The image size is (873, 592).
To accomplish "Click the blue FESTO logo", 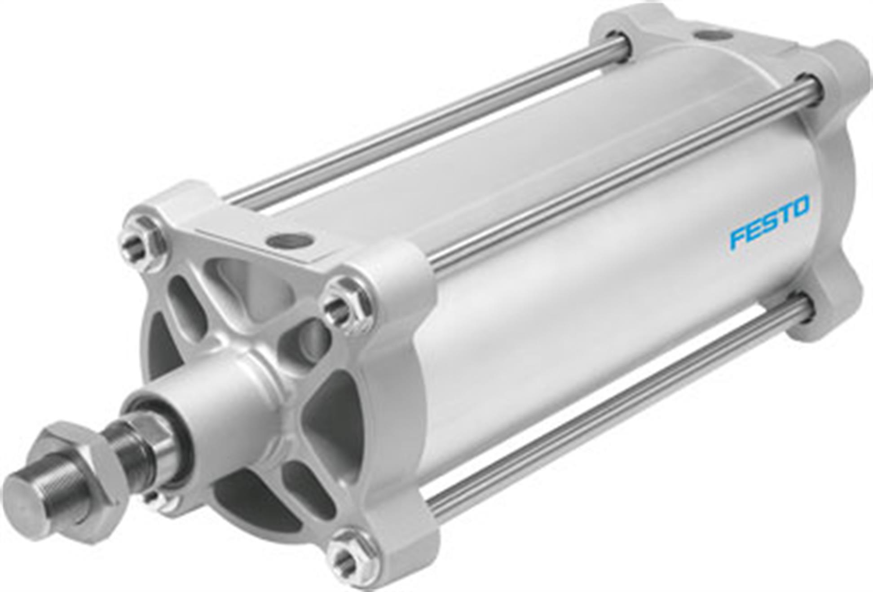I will [x=769, y=222].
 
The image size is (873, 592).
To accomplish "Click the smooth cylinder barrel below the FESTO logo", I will [x=629, y=315].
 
